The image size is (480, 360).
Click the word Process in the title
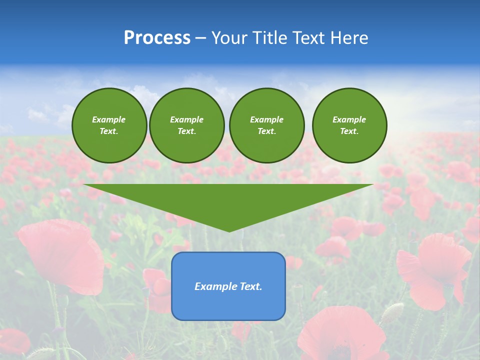coord(157,38)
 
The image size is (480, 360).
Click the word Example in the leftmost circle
coord(108,119)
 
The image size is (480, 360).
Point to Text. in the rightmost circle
coord(349,131)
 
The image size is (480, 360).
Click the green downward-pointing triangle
coord(228,200)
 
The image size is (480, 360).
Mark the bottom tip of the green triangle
coord(228,230)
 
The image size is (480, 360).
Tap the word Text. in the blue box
coord(250,286)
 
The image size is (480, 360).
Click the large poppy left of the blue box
coord(62,255)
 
